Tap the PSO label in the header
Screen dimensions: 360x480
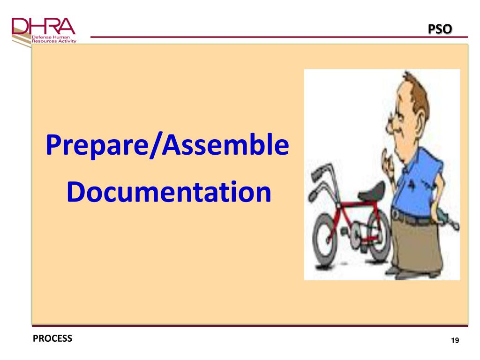pos(440,29)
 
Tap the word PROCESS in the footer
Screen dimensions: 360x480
pos(52,338)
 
